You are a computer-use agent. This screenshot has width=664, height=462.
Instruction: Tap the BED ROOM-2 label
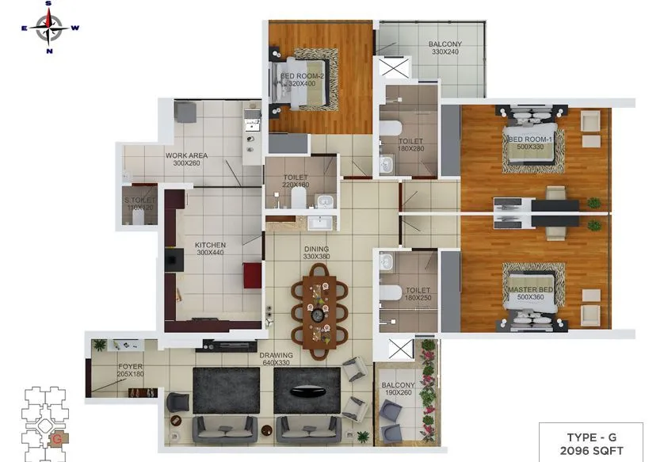click(x=297, y=76)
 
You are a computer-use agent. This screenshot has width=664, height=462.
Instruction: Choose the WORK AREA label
click(x=186, y=155)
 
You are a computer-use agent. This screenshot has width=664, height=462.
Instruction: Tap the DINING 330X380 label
click(x=316, y=252)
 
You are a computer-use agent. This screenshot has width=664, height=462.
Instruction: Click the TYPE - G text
click(x=595, y=437)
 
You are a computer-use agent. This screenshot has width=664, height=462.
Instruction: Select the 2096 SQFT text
click(x=595, y=450)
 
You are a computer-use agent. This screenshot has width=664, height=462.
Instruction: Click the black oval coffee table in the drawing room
click(x=306, y=391)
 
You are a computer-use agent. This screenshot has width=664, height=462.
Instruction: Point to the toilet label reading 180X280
click(x=410, y=148)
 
